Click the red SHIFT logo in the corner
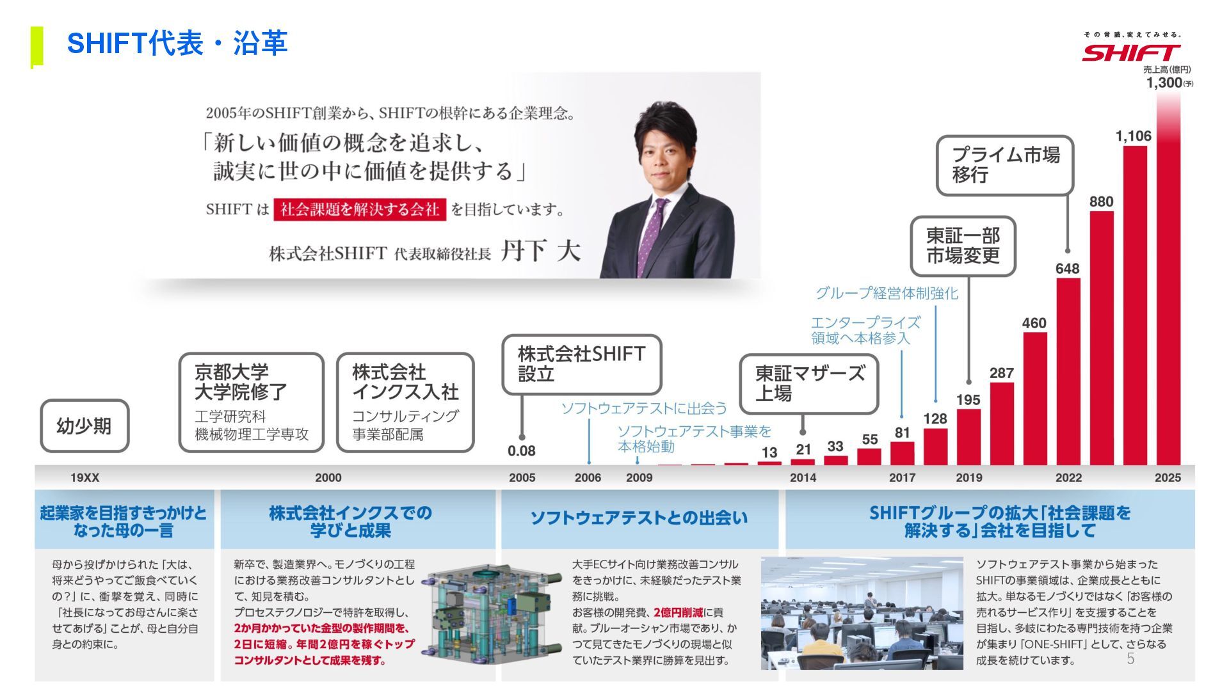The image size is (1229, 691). tap(1131, 52)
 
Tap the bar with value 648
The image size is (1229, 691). tap(1068, 371)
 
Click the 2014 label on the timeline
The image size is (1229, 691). tap(803, 477)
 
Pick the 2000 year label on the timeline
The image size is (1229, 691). tap(328, 477)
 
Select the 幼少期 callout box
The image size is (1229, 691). tap(84, 426)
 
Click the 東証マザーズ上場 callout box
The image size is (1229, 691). tap(809, 385)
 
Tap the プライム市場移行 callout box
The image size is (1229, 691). tap(1004, 165)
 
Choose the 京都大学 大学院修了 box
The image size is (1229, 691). tap(251, 402)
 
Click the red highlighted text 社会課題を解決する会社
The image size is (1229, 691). tap(359, 209)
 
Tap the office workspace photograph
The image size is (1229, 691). tap(862, 613)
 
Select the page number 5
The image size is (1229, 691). tap(1130, 659)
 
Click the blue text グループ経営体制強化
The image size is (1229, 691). tap(887, 294)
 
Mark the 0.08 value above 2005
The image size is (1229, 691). tap(521, 451)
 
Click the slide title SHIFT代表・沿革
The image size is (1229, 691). tap(177, 44)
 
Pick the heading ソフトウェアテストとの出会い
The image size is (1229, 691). tap(639, 518)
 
